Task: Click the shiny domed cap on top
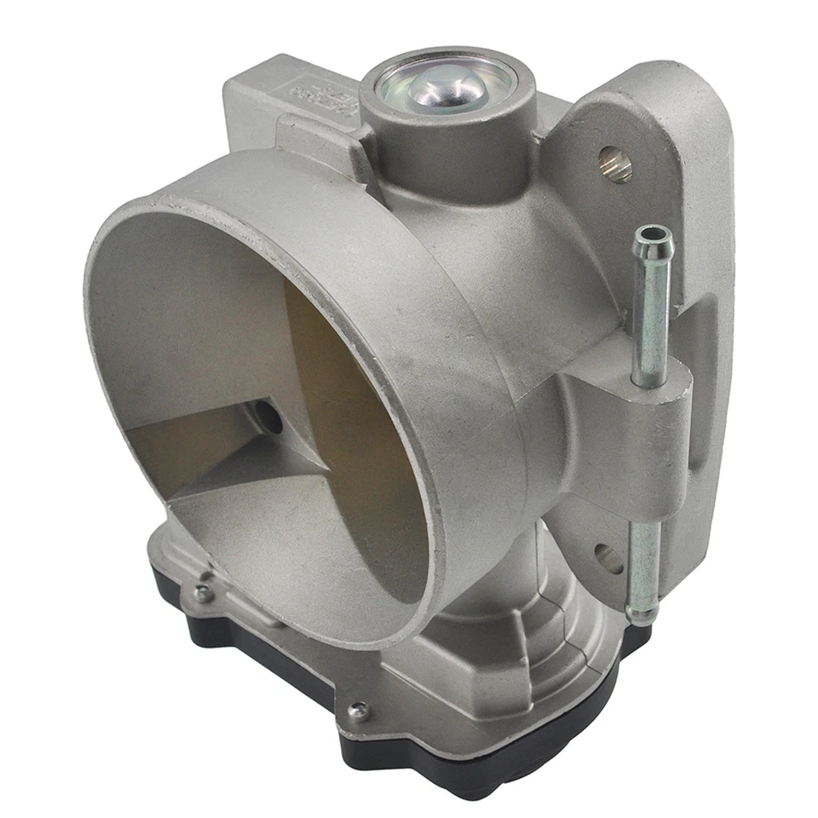click(446, 88)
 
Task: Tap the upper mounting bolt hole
click(615, 164)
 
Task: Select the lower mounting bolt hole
click(608, 559)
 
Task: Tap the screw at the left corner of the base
click(202, 594)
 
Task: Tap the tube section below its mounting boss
click(643, 545)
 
